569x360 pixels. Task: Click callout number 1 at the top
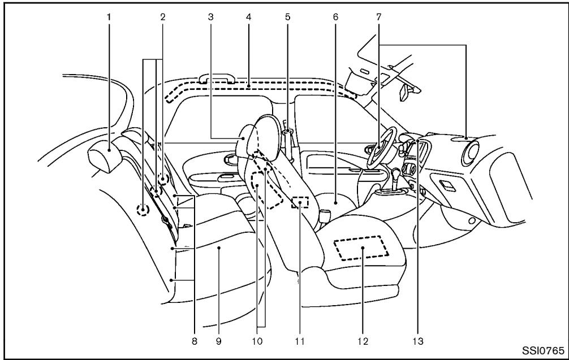tap(109, 17)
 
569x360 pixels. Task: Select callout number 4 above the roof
tap(248, 17)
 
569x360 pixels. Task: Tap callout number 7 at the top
tap(378, 17)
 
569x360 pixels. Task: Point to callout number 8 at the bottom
tap(196, 341)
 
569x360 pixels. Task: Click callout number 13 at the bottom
tap(419, 341)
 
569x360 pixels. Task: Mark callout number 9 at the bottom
tap(219, 341)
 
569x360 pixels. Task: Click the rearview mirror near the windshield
tap(405, 93)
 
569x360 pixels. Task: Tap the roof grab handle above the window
tap(215, 81)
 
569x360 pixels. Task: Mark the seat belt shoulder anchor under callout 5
tap(288, 133)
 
